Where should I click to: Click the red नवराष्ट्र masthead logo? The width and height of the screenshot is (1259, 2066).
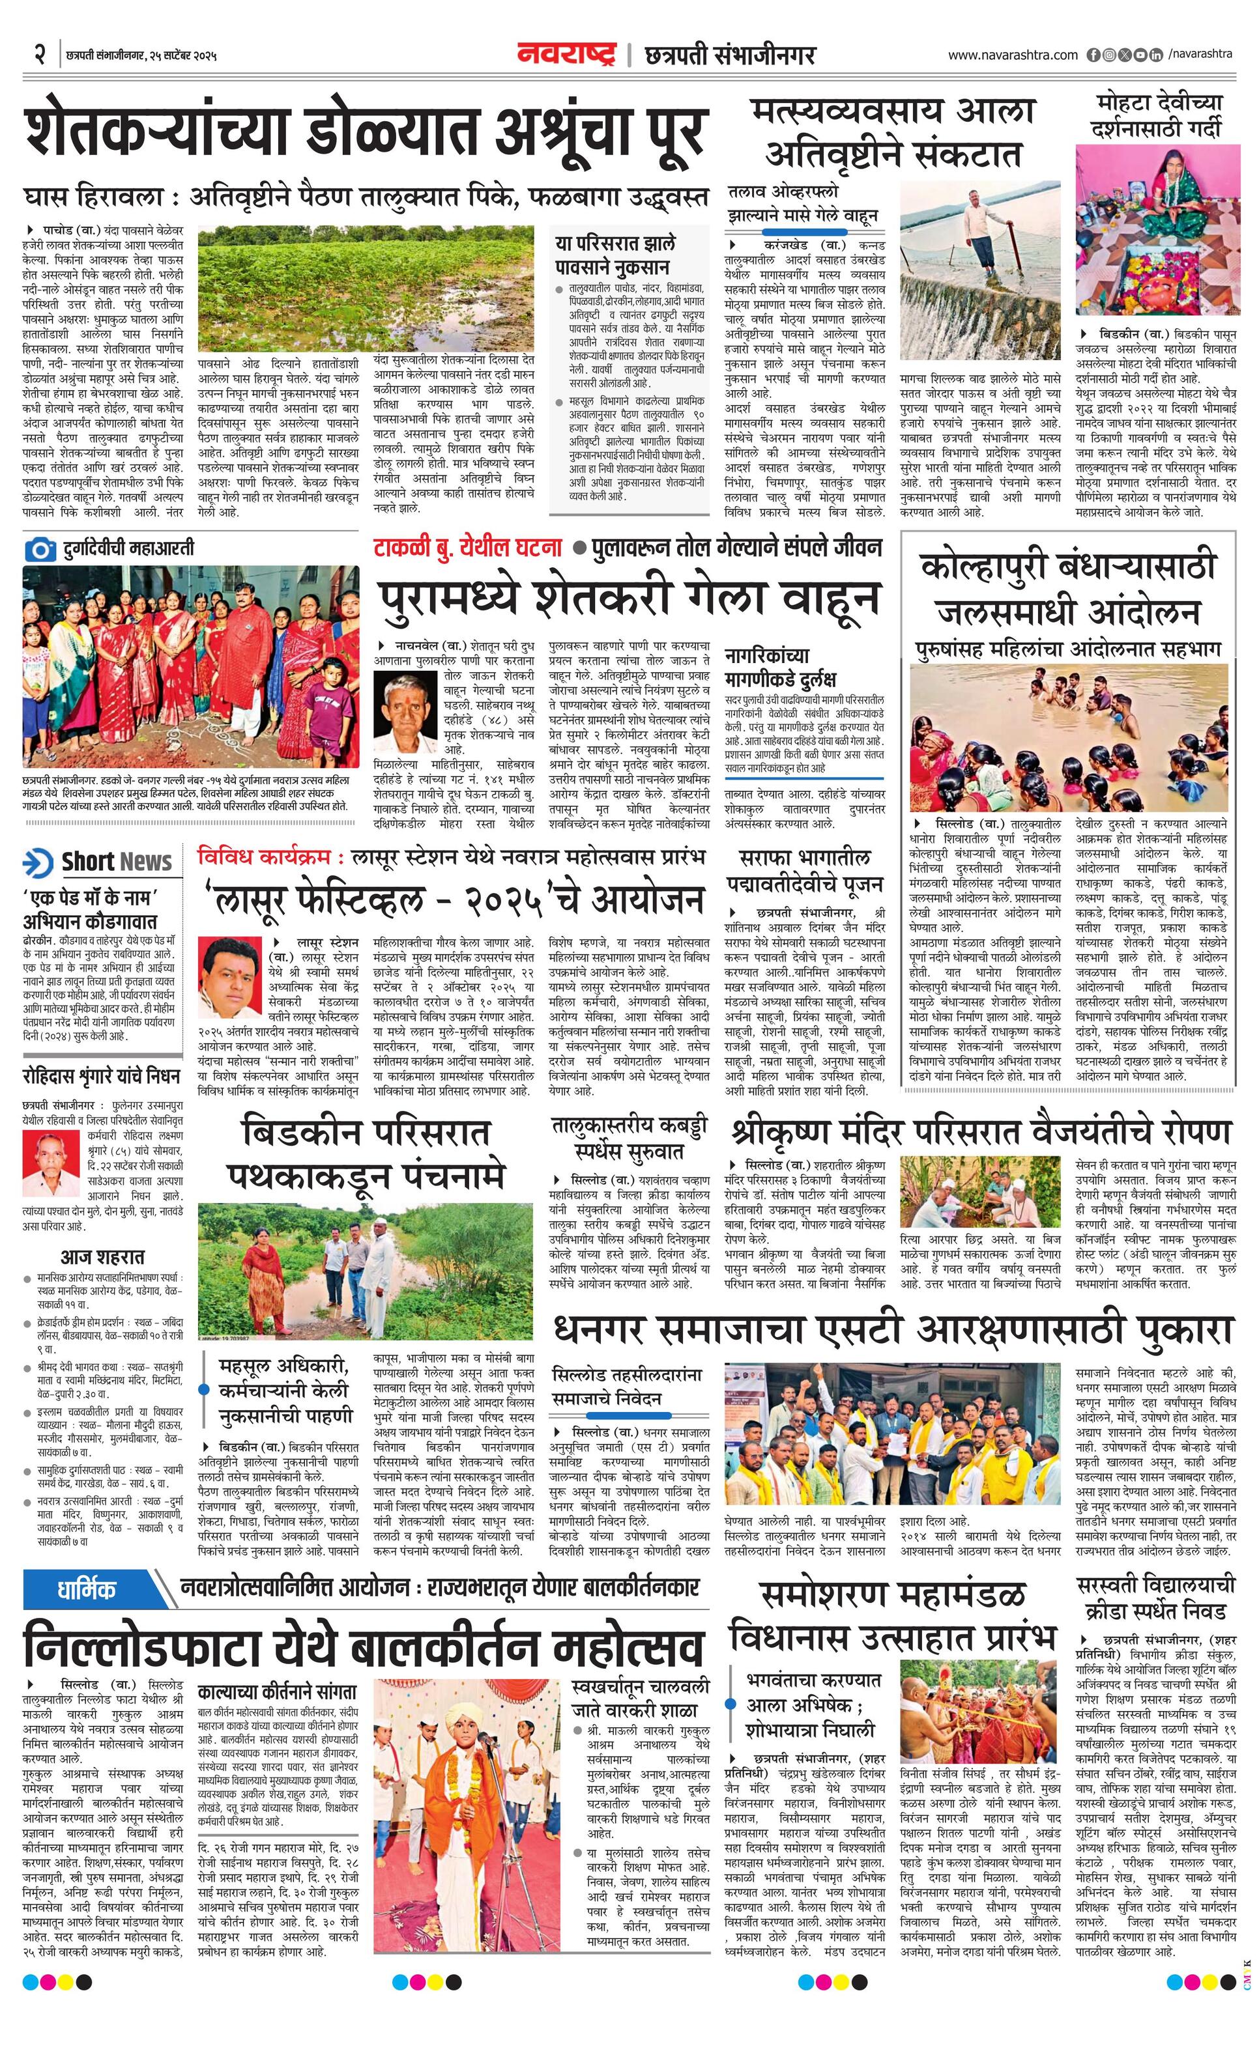click(x=567, y=55)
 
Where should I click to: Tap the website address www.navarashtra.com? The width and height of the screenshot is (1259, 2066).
click(x=1013, y=55)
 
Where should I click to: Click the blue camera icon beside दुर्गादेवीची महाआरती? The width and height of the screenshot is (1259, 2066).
click(x=39, y=550)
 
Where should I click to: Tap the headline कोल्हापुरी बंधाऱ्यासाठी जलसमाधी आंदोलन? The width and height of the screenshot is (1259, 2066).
click(x=1068, y=589)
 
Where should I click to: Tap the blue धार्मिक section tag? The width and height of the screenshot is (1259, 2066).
click(x=87, y=1587)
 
